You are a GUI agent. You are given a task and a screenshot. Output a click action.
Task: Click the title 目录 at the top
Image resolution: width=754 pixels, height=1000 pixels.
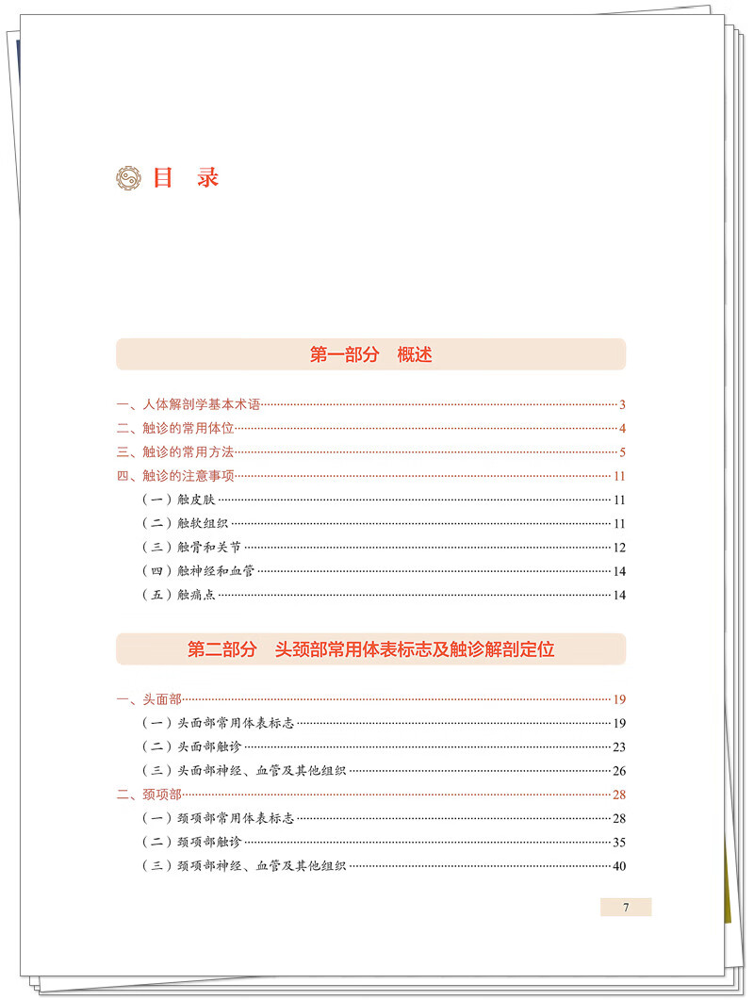(186, 178)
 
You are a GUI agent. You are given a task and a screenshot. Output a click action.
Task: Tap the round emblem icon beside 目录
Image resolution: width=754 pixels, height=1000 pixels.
(128, 179)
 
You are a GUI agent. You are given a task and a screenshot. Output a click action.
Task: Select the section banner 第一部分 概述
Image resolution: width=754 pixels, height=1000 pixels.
(370, 355)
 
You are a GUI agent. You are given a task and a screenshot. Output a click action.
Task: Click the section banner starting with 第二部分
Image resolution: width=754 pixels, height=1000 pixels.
(370, 649)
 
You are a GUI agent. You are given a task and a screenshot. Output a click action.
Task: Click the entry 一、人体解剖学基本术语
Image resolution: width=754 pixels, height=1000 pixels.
(188, 405)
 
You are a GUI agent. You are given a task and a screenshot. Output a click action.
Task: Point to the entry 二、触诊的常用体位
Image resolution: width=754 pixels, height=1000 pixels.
(175, 429)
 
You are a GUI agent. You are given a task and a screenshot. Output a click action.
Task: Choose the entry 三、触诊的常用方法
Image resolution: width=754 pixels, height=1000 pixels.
(175, 452)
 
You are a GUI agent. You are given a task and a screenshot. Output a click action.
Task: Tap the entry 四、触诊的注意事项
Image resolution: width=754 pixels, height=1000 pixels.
(175, 476)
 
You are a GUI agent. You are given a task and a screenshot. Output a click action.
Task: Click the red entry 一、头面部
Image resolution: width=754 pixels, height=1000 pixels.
(149, 699)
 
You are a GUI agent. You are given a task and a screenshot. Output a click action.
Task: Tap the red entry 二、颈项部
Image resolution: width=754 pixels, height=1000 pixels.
(149, 795)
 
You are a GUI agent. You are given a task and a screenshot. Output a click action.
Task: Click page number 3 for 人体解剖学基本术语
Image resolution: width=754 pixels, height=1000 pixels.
(623, 405)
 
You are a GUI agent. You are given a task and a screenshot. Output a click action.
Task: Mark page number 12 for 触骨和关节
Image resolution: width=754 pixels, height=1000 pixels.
(619, 548)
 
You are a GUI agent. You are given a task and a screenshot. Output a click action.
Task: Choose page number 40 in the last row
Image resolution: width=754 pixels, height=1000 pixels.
(619, 866)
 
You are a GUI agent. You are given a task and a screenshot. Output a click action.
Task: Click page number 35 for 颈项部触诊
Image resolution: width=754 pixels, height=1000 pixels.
(619, 842)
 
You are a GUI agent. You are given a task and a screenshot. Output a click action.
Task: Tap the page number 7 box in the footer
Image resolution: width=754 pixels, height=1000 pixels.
(626, 908)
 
